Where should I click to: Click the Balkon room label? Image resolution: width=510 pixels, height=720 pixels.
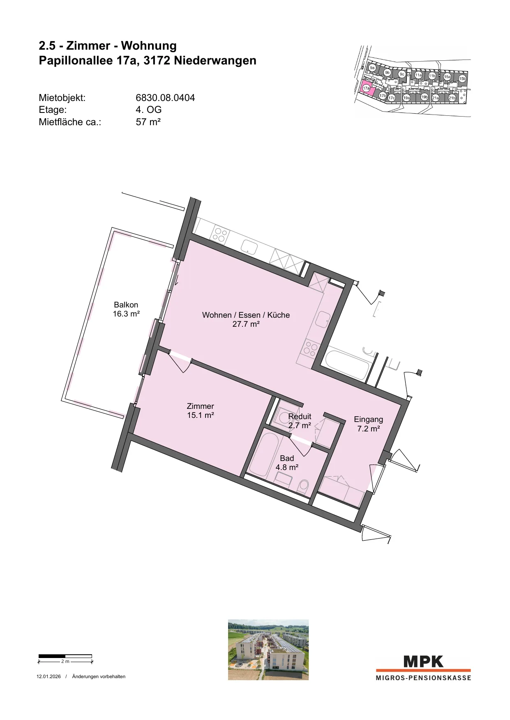coord(126,305)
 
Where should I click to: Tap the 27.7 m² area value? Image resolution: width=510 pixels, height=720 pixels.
coord(246,324)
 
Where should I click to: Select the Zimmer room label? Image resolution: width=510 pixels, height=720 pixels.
coord(201,406)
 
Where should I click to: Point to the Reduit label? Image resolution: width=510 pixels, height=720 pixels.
coord(300,416)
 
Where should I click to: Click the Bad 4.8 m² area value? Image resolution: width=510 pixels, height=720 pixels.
coord(287,467)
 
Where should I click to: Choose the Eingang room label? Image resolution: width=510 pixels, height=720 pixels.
coord(368,419)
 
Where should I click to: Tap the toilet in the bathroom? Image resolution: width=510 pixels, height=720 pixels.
coord(303,486)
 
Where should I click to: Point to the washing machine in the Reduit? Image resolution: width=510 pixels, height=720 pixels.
coord(285,417)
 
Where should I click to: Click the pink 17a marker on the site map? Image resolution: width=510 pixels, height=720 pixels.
coord(367,88)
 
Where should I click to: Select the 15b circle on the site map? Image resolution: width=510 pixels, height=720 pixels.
coord(462,78)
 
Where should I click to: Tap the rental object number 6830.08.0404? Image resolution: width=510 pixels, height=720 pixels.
coord(165,98)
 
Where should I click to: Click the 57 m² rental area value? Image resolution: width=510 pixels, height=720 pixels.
coord(148,122)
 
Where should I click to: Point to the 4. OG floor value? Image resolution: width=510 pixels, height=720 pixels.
coord(148,110)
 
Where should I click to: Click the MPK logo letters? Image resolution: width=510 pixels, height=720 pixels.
coord(423,662)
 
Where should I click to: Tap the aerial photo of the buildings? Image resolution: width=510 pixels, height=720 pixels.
coord(268,650)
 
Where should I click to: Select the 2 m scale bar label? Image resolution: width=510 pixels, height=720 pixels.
coord(65,661)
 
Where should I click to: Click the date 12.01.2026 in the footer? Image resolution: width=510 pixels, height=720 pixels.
coord(48,676)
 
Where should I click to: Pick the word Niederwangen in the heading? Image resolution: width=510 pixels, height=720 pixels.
coord(215,60)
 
